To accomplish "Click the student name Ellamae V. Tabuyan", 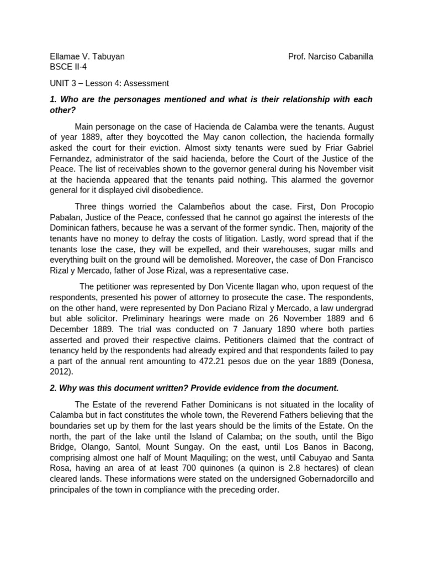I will (x=87, y=56).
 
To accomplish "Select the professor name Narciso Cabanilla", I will (x=330, y=56).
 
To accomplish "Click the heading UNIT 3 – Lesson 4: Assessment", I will (x=109, y=83).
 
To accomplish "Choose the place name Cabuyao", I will (x=319, y=457).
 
